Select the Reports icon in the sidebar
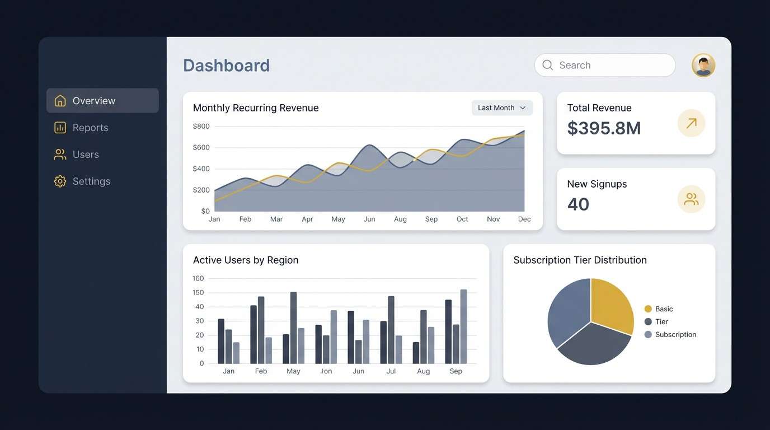[x=60, y=128]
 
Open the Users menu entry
[x=85, y=155]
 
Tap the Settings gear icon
[x=60, y=181]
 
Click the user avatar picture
[x=703, y=66]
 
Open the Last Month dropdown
[x=501, y=108]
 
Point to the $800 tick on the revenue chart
[x=201, y=127]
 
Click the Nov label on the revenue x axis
[x=493, y=219]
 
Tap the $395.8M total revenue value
[x=604, y=128]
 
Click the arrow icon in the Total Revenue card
[x=691, y=123]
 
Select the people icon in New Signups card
[x=691, y=199]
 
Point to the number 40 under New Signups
[x=578, y=204]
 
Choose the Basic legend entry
[x=664, y=309]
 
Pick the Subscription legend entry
[x=675, y=335]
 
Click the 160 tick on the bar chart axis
[x=198, y=279]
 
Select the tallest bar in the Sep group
[x=463, y=326]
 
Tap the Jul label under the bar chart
[x=391, y=371]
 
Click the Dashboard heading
[x=226, y=66]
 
